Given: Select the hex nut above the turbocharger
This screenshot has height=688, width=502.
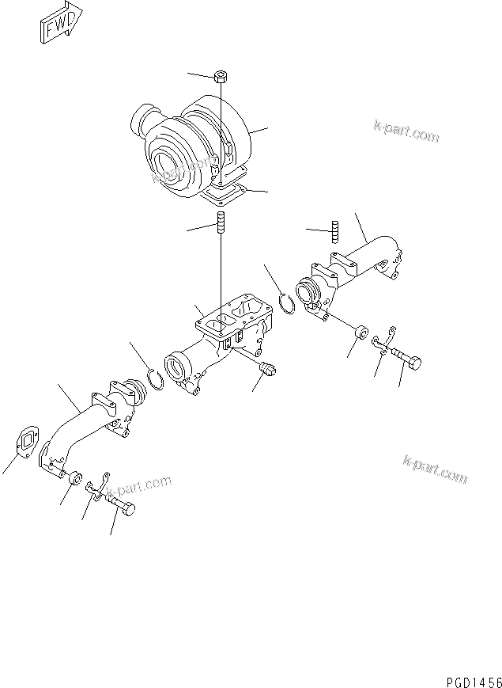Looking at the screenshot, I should coord(221,78).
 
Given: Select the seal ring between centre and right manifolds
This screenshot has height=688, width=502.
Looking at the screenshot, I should coord(291,304).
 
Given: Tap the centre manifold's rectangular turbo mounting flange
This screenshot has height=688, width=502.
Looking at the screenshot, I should coord(232,320).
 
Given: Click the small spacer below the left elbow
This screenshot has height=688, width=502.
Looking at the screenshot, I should coord(75,479).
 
